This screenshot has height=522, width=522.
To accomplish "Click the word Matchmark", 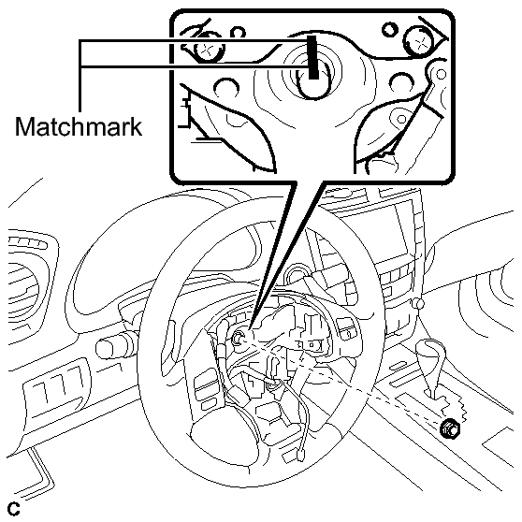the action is pos(79,126).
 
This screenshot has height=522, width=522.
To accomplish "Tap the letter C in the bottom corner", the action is pos(14,509).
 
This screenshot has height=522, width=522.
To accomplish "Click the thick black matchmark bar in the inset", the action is pos(313,57).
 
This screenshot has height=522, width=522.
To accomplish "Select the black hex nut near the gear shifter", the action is pos(450,429).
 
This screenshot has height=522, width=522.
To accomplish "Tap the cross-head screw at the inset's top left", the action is pos(207,49).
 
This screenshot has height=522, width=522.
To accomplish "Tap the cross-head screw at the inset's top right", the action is pos(420,41).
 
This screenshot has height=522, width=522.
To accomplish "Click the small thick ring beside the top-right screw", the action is pos(390,29).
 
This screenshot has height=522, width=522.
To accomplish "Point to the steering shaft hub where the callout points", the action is pos(239,339).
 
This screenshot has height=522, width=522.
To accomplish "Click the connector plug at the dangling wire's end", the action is pos(301,456).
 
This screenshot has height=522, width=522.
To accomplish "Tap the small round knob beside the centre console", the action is pos(418,303).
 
